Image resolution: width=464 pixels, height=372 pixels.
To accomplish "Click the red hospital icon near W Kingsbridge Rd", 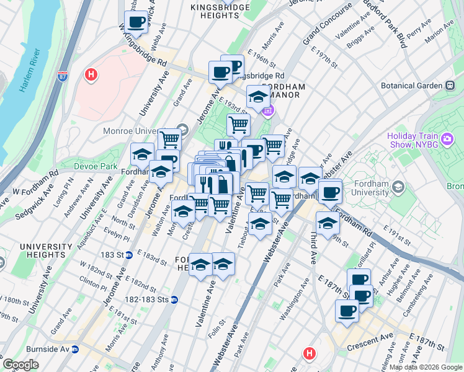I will (x=92, y=75).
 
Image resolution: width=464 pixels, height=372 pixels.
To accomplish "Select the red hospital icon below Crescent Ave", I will (x=310, y=354).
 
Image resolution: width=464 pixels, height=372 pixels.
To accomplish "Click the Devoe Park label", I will (x=96, y=166).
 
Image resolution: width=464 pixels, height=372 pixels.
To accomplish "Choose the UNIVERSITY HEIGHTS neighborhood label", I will (x=42, y=251).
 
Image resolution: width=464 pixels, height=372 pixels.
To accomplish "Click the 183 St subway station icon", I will (x=128, y=254).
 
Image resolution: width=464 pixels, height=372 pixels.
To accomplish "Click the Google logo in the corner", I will (x=20, y=365).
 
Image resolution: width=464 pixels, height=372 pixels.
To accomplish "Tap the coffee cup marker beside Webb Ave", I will (x=136, y=23).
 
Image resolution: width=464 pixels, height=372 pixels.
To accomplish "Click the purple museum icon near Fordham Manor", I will (x=268, y=111).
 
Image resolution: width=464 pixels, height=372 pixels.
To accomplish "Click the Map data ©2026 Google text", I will (x=426, y=367).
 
